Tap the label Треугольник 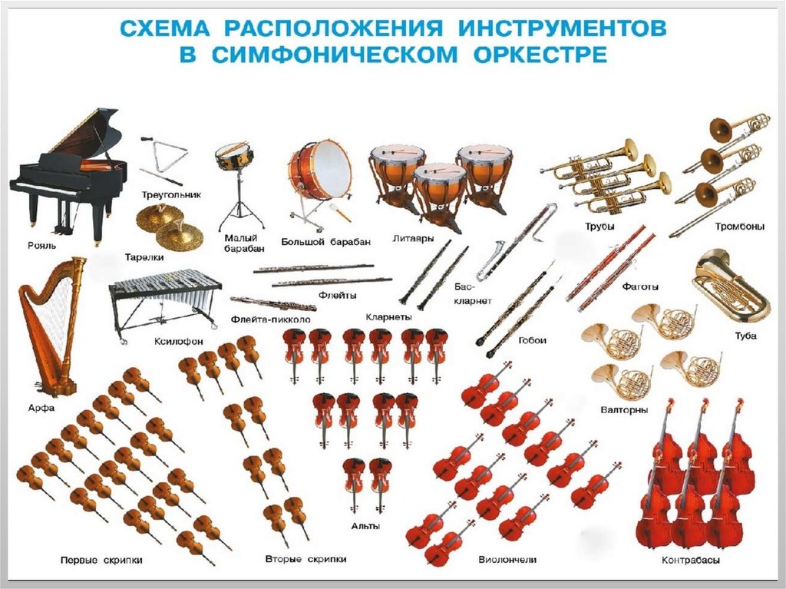click(171, 194)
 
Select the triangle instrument click(163, 159)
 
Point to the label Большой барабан click(325, 242)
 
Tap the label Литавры click(413, 238)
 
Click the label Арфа click(41, 408)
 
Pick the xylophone click(166, 303)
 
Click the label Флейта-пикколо click(271, 319)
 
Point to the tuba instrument click(731, 289)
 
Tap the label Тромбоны click(740, 227)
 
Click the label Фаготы click(640, 287)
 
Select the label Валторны click(624, 410)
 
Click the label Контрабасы click(691, 560)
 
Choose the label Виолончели click(507, 559)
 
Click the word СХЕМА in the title click(165, 28)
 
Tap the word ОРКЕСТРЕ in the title click(540, 55)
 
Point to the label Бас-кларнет click(473, 294)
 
